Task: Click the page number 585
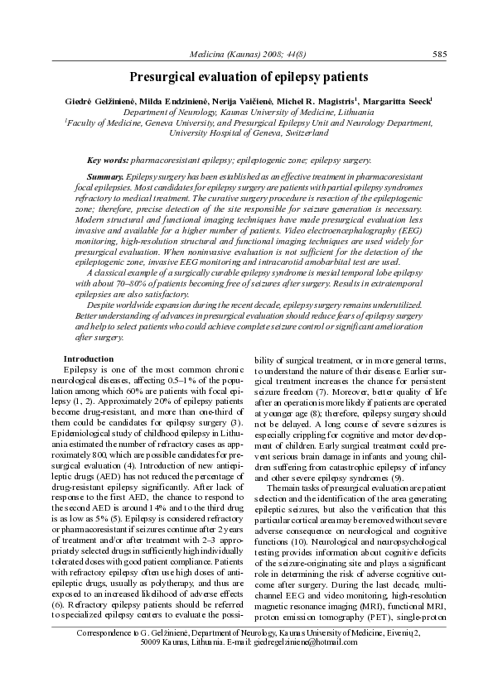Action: tap(440, 55)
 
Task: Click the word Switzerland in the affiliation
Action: tap(299, 132)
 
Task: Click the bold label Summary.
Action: tap(105, 177)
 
